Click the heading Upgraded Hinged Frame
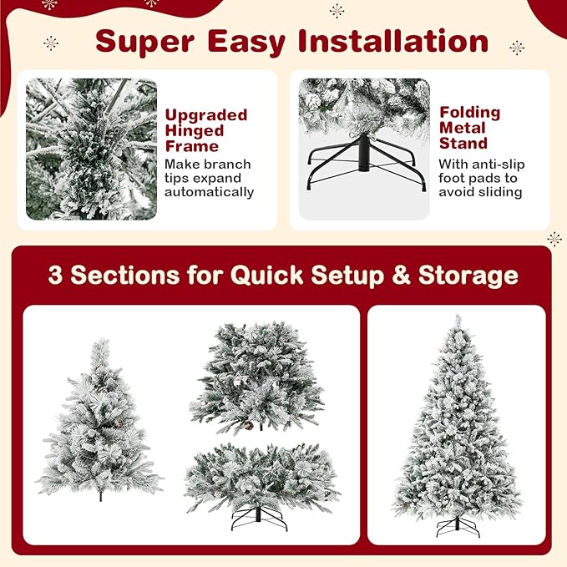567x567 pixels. click(x=205, y=130)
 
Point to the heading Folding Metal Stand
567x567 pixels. click(x=470, y=128)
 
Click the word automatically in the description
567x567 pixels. click(x=209, y=192)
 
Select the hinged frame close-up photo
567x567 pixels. click(x=91, y=149)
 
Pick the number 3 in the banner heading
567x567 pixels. click(x=55, y=276)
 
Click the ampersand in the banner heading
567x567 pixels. click(x=402, y=276)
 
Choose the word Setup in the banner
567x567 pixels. click(x=352, y=276)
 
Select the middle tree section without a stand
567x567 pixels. click(x=256, y=376)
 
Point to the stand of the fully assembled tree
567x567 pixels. click(x=458, y=526)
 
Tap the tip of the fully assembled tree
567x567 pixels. click(x=458, y=319)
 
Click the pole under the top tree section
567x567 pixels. click(x=101, y=496)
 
